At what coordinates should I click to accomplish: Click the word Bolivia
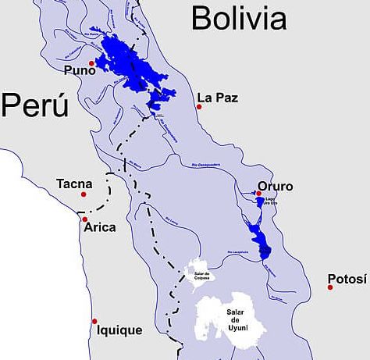pos(239,16)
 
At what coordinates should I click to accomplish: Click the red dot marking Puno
pos(92,63)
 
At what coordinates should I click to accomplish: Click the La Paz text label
pos(217,98)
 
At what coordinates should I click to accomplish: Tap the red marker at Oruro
pos(258,194)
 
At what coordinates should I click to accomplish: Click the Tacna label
pos(74,184)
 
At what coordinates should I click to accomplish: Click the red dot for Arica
pos(84,219)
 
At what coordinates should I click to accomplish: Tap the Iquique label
pos(119,330)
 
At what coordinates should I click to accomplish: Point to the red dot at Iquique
pos(95,321)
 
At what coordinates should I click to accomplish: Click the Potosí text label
pos(346,279)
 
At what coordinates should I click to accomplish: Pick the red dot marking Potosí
pos(330,287)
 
